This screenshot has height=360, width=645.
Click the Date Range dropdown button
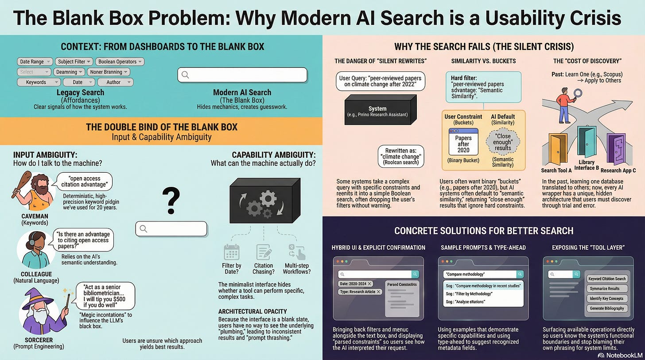(35, 62)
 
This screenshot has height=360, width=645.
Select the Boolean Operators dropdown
(120, 62)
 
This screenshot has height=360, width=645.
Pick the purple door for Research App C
(616, 149)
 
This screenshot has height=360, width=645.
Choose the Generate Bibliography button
(606, 308)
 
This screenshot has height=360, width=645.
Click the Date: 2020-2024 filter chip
(355, 283)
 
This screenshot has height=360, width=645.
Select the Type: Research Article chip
(360, 292)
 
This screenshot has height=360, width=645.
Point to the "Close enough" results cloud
(503, 141)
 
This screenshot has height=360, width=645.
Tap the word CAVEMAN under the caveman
(35, 216)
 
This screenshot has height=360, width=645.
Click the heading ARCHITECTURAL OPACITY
(253, 311)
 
